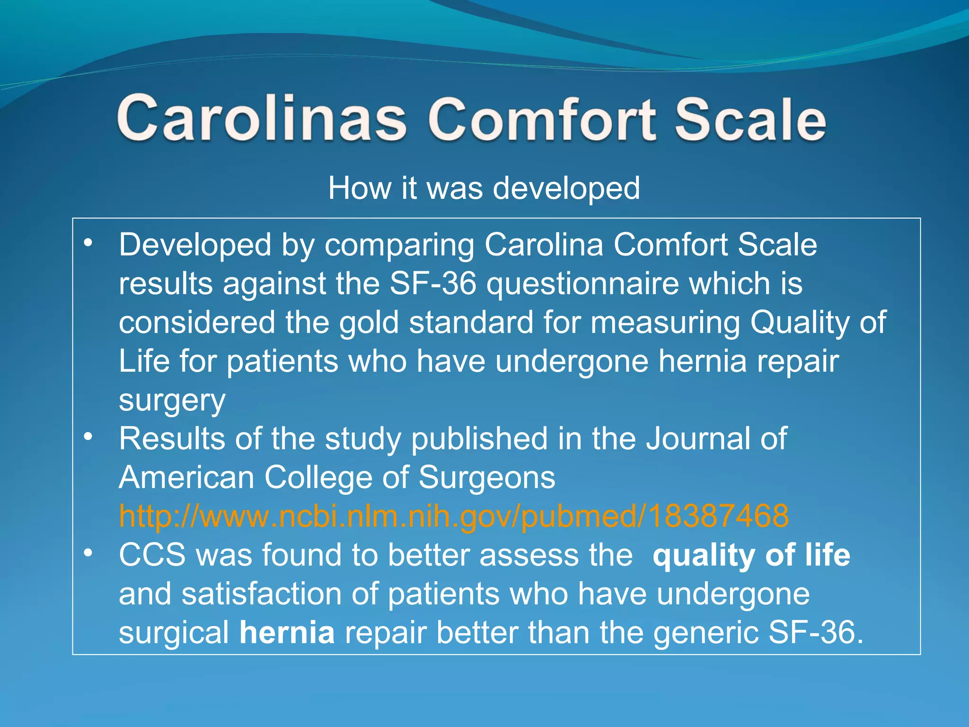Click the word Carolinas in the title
point(261,118)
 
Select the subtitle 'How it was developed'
point(484,188)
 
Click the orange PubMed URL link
point(453,515)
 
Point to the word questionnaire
point(582,284)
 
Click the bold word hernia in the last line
point(287,632)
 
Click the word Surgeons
point(486,477)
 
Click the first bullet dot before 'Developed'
point(88,244)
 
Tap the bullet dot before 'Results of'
point(88,437)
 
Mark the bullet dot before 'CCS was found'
point(88,553)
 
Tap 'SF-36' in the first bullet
point(432,284)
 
